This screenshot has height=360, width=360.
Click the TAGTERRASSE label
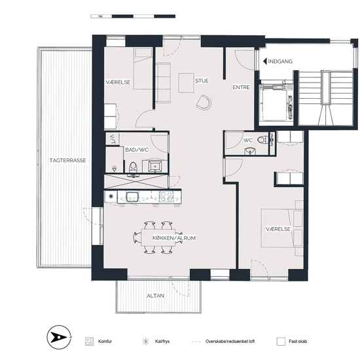coord(67,160)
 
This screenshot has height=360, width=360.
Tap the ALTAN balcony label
coord(155,296)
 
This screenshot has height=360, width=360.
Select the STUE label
coord(202,81)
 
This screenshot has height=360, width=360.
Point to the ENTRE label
coord(241,87)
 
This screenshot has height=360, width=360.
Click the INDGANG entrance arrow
coord(264,62)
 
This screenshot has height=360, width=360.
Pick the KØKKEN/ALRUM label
coord(174,238)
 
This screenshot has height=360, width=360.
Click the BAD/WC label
coord(137,150)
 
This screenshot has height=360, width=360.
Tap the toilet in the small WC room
coord(263,140)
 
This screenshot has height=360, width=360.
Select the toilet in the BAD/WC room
coord(133,167)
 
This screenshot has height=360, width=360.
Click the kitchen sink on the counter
coord(132,197)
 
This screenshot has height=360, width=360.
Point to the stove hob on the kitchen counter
coord(166,197)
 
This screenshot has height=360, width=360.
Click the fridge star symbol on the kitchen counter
coord(111,196)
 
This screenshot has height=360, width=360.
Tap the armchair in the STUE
coord(204,102)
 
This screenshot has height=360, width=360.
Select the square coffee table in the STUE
coord(186,83)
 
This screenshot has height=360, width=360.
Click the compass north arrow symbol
coord(59,337)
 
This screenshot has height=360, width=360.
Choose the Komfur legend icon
coord(89,342)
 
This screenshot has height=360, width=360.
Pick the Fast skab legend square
coord(281,342)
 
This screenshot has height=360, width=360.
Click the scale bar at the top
coord(133,16)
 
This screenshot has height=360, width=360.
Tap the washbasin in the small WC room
coord(249,151)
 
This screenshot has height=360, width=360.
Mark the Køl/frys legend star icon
coord(145,342)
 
